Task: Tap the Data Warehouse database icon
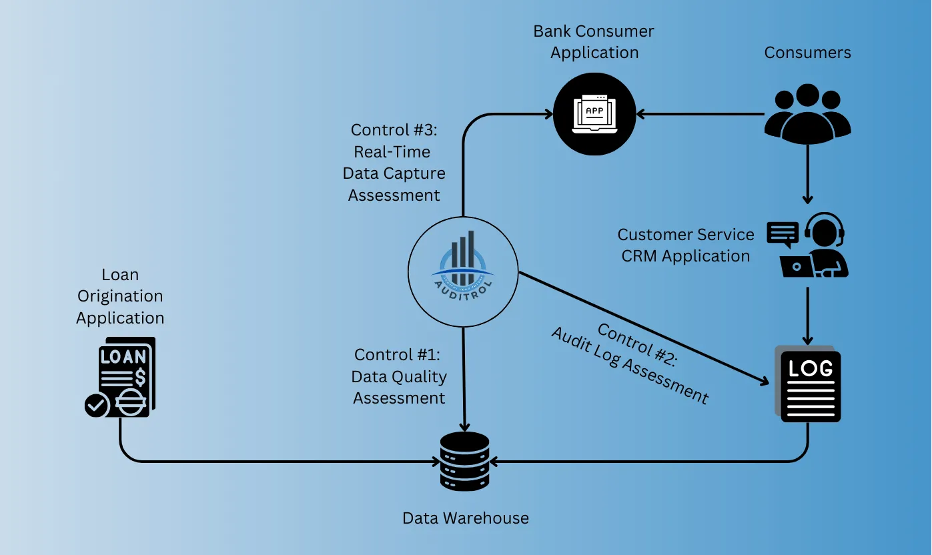(x=465, y=461)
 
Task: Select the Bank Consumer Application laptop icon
(x=594, y=113)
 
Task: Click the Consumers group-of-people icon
(x=807, y=113)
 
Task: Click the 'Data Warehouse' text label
(x=465, y=518)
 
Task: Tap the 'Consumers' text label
(x=807, y=53)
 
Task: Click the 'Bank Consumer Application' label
(x=594, y=41)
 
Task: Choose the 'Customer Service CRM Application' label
(x=685, y=245)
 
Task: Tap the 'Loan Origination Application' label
(x=120, y=296)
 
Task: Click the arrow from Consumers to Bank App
(x=701, y=114)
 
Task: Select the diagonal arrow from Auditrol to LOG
(x=640, y=327)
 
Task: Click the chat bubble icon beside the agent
(x=783, y=233)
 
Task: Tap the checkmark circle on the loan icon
(x=97, y=405)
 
